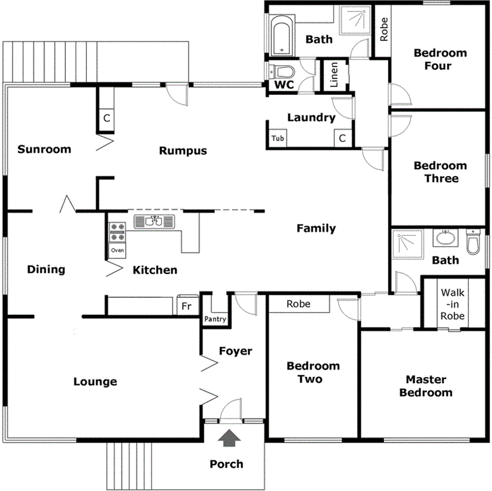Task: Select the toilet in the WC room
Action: (283, 71)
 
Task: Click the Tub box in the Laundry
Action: (278, 138)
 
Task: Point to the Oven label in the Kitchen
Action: (117, 250)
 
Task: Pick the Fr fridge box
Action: (186, 306)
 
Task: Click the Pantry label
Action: (215, 319)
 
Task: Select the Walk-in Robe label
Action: (453, 304)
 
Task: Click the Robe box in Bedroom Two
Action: (299, 304)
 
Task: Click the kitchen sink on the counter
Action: (153, 221)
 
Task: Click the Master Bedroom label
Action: (425, 386)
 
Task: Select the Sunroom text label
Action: (44, 149)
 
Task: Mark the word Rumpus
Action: (183, 151)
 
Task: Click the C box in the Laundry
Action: (342, 138)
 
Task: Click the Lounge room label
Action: (95, 382)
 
